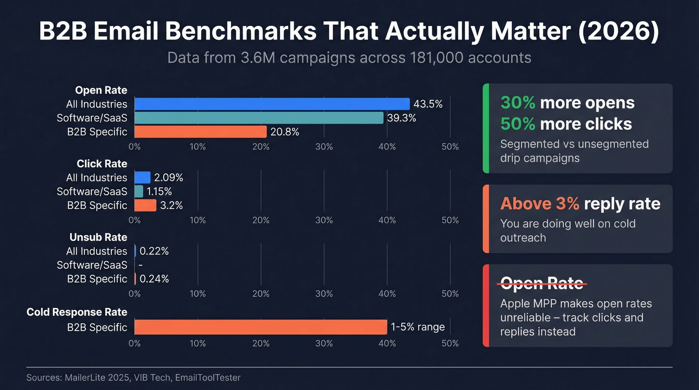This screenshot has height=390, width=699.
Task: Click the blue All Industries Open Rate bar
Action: (x=272, y=104)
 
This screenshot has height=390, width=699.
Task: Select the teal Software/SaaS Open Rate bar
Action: (x=259, y=118)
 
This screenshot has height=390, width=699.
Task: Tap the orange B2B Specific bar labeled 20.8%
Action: (x=200, y=132)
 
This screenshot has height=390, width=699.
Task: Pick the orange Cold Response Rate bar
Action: (x=261, y=327)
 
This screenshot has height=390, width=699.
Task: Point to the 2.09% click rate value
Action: (x=168, y=177)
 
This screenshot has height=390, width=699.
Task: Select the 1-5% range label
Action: (x=418, y=327)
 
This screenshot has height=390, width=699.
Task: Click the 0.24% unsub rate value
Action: (x=154, y=279)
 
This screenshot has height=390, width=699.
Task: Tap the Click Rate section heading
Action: (x=102, y=164)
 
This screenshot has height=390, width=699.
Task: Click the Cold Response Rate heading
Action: (x=77, y=312)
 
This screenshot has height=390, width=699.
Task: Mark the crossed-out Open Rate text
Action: (x=542, y=283)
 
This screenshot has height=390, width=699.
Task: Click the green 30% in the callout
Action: (x=518, y=103)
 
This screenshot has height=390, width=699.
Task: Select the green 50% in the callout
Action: (x=518, y=124)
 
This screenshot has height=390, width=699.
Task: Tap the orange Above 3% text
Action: (x=540, y=204)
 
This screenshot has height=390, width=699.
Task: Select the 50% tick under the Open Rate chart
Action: (x=450, y=147)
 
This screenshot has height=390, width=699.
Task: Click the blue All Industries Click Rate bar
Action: (x=142, y=177)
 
